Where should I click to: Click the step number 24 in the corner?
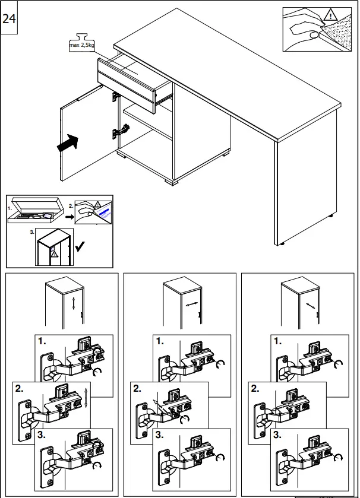point(9,18)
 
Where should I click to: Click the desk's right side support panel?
point(283,190)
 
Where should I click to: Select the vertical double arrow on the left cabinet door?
point(73,304)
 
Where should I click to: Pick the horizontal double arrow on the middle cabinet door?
point(190,304)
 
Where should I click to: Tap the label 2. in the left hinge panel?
point(19,389)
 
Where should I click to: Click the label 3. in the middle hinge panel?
point(159,435)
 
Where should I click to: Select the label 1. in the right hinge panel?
point(277,342)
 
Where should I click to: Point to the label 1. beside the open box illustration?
point(10,209)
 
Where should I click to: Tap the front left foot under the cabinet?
point(178,179)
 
